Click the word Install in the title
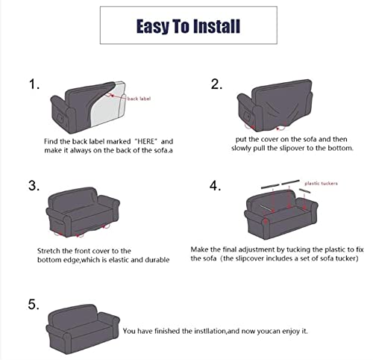tap(216, 26)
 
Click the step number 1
tap(34, 84)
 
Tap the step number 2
tap(216, 84)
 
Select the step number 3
tap(34, 186)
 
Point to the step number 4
tap(215, 186)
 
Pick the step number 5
tap(34, 305)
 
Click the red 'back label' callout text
tap(139, 99)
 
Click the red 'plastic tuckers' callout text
tap(321, 184)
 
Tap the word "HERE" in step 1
tap(146, 141)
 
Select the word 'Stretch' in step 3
tap(48, 251)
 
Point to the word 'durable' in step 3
tap(157, 260)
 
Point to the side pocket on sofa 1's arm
tap(60, 117)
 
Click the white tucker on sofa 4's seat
tap(266, 208)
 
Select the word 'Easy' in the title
tap(153, 27)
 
